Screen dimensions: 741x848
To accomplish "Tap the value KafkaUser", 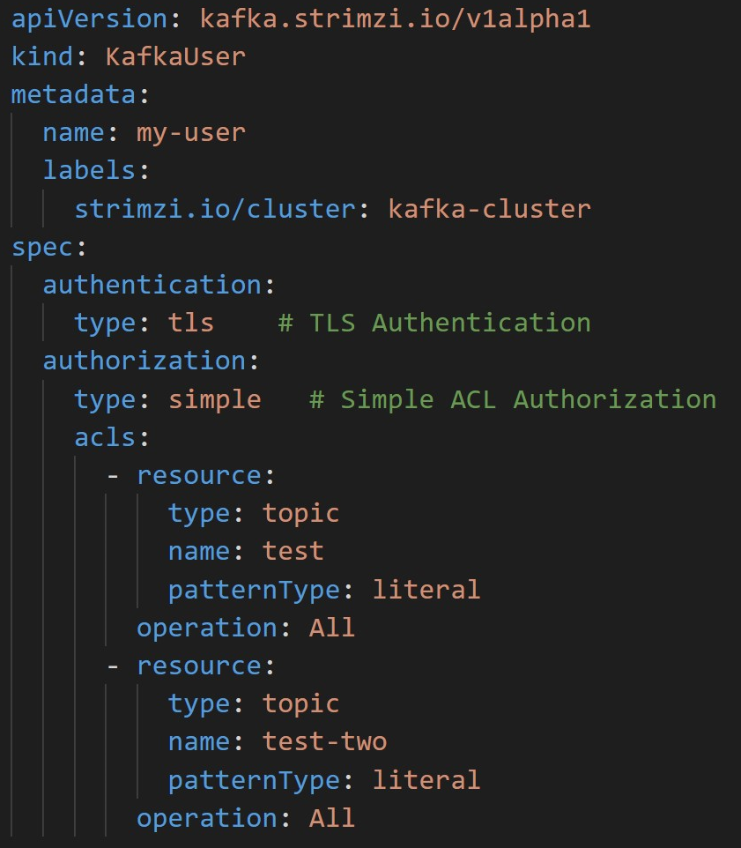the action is click(x=175, y=56).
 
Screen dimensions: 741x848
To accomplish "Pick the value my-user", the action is click(x=190, y=132).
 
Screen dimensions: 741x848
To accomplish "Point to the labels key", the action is click(x=90, y=170).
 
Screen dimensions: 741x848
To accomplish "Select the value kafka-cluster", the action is click(x=489, y=209).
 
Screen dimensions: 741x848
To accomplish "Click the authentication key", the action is click(x=152, y=285).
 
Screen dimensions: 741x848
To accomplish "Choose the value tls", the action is click(x=191, y=323).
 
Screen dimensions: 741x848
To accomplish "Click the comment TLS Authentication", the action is click(x=434, y=323).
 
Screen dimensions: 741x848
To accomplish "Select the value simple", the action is click(x=215, y=399).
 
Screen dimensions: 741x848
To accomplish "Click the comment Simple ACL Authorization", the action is click(x=513, y=399).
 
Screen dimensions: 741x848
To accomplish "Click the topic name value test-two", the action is click(x=324, y=741).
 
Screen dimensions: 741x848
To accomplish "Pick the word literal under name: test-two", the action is click(x=426, y=779).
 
